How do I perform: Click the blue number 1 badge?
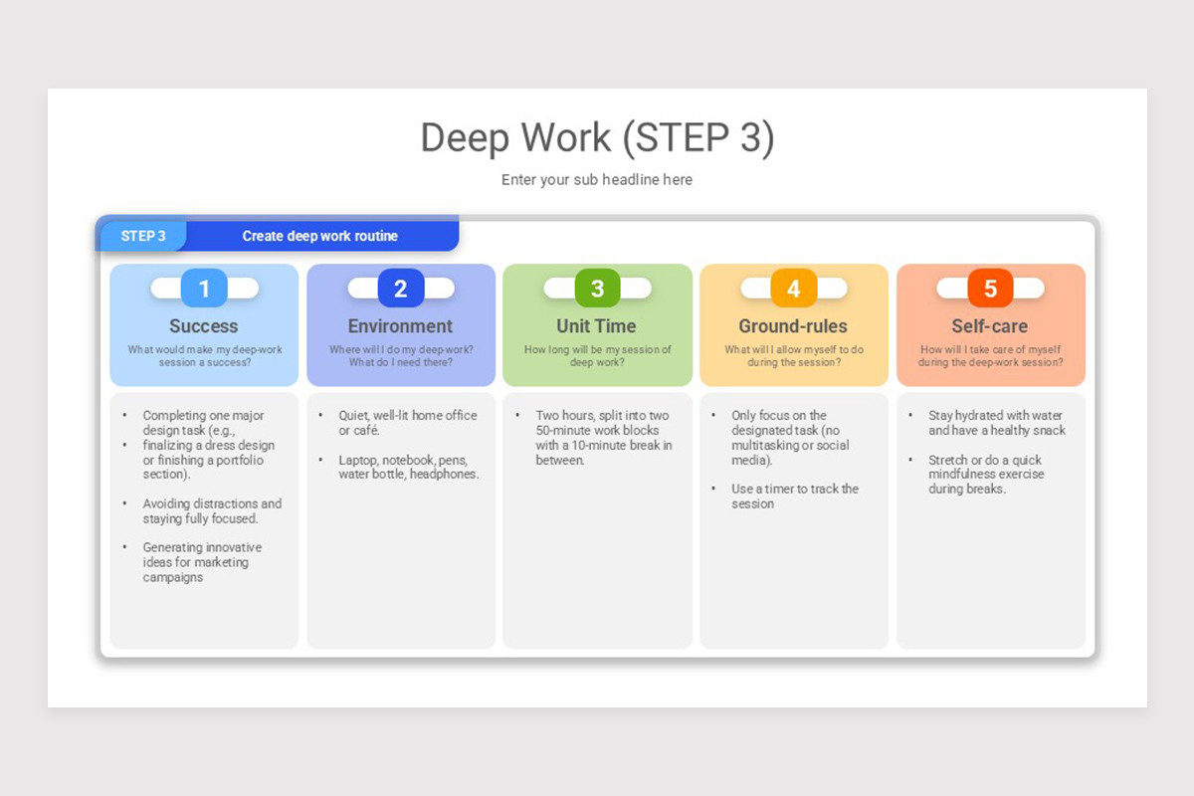pos(204,289)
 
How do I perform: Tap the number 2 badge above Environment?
pos(401,289)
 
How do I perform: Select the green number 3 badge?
pos(597,289)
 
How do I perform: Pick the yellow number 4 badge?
pos(793,289)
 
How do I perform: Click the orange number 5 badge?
pos(990,289)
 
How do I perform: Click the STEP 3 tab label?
pos(143,236)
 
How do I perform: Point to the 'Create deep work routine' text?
pos(319,236)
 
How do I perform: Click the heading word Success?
pos(204,326)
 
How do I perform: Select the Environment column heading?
pos(400,326)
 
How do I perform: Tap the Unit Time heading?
pos(596,326)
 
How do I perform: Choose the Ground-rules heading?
pos(793,326)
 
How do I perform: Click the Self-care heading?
pos(989,326)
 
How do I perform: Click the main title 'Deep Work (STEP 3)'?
pos(597,137)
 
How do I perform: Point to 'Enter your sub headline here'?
pos(597,180)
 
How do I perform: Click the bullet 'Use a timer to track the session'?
pos(794,497)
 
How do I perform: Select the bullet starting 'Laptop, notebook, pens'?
pos(408,467)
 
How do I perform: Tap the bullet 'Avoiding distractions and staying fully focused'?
pos(212,511)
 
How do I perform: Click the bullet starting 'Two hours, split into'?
pos(603,438)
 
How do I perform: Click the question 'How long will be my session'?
pos(597,356)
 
